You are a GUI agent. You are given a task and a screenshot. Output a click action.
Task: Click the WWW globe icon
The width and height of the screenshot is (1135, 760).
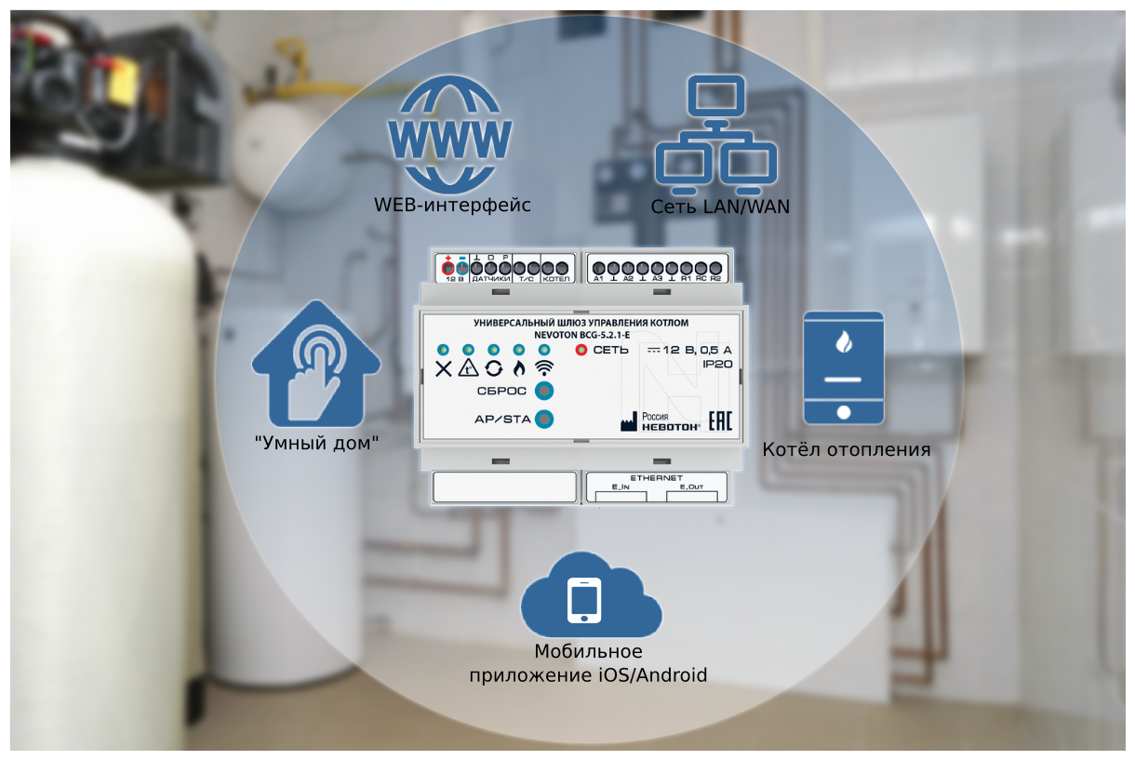450,133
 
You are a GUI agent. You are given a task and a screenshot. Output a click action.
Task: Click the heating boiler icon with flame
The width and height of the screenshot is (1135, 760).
843,368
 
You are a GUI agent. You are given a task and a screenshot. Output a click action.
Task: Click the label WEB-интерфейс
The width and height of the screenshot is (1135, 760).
453,205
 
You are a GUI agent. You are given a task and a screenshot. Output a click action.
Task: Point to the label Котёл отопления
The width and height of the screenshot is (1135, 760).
847,450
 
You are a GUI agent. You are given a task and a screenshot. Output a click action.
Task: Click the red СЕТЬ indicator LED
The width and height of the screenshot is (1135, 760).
582,350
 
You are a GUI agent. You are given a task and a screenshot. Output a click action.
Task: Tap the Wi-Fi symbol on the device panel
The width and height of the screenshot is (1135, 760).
544,367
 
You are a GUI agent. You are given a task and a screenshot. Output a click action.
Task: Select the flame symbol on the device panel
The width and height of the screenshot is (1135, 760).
519,367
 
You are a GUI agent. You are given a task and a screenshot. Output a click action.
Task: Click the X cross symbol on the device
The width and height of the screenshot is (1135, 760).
444,368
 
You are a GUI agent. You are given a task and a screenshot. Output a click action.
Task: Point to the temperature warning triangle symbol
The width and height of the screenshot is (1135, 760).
468,367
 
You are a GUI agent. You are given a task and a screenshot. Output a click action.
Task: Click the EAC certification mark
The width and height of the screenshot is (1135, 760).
721,420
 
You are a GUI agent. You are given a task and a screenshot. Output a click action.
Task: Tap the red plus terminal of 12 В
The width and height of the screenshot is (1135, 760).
447,268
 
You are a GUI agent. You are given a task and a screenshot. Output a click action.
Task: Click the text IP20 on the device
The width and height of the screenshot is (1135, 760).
717,367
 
